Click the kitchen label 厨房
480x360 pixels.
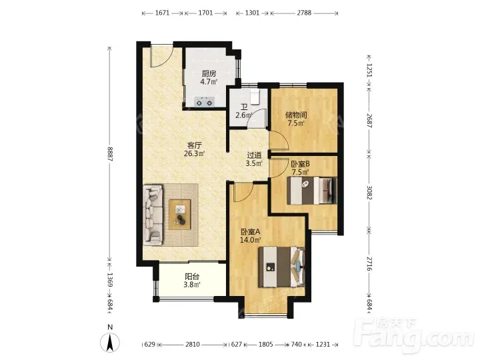(209, 73)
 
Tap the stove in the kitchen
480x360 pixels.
(205, 101)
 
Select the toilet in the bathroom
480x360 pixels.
(255, 96)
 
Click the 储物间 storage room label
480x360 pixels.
(296, 115)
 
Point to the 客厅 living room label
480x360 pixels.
(195, 145)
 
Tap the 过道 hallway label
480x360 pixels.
(254, 155)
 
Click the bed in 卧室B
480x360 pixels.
(311, 191)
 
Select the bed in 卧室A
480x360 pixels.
(281, 267)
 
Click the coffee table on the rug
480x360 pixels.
(180, 214)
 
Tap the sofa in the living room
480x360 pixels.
(153, 215)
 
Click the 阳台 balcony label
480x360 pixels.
(192, 277)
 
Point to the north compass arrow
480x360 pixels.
(110, 342)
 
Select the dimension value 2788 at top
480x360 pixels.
(304, 13)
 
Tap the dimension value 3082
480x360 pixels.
(369, 192)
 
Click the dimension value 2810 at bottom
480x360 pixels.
(193, 345)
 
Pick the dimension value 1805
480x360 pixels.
(266, 345)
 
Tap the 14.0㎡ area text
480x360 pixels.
(251, 240)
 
